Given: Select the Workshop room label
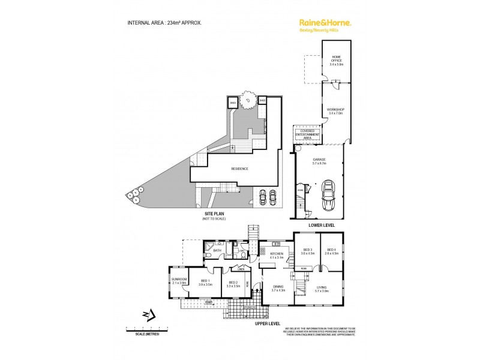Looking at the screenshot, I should pos(336,110).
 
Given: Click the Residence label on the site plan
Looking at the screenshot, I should pos(239,169).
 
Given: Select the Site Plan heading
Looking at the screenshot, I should pos(214,217).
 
